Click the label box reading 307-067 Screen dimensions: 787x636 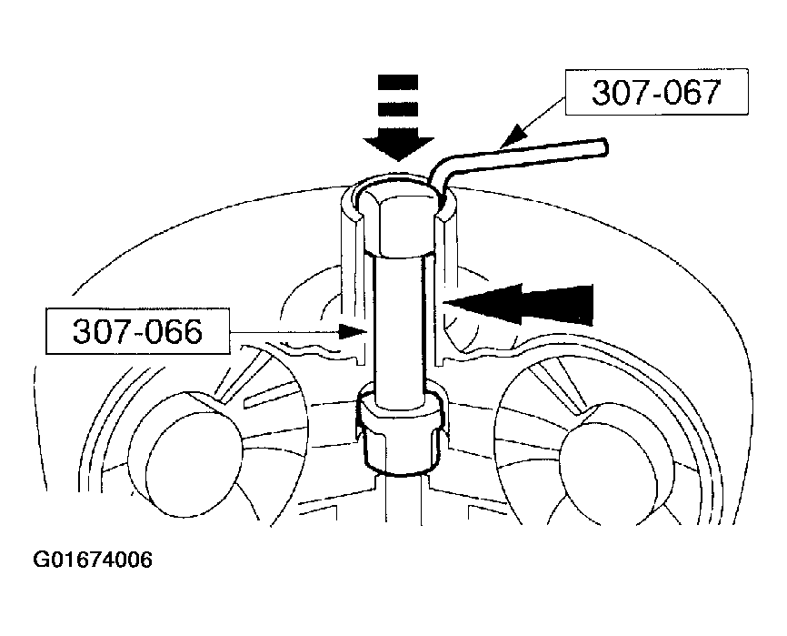656,92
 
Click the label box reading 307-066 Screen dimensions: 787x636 138,331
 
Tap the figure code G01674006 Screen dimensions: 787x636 93,560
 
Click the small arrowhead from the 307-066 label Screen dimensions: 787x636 354,331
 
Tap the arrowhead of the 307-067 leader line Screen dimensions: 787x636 515,136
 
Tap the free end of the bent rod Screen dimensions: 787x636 604,147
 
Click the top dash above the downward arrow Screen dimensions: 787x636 398,83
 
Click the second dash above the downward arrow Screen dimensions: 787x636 398,110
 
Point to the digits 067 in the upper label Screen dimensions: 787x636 692,93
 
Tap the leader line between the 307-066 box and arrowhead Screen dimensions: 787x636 285,331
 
